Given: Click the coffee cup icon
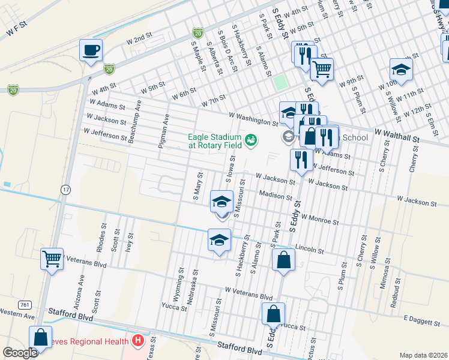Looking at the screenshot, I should point(91,50).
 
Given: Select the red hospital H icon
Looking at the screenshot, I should point(138,341).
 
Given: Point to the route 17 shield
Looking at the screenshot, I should point(65,189).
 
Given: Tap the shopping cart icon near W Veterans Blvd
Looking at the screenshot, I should point(52,259).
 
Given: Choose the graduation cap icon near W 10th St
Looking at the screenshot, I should point(401,70).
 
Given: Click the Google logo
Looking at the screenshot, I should point(20,353).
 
